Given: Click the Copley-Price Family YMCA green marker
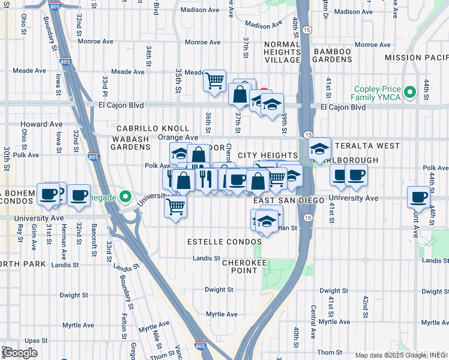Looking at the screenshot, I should coord(410,92).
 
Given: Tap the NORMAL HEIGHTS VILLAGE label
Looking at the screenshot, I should coord(273,52).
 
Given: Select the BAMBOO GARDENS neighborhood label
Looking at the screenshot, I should coord(332,56).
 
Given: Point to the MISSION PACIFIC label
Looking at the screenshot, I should coord(416,58).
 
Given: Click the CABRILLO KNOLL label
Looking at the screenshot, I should coord(152,128).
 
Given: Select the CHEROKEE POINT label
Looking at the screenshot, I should coord(240,266).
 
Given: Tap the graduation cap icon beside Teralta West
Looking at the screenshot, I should coord(320,148).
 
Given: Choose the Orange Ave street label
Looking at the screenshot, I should coord(178,137).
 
